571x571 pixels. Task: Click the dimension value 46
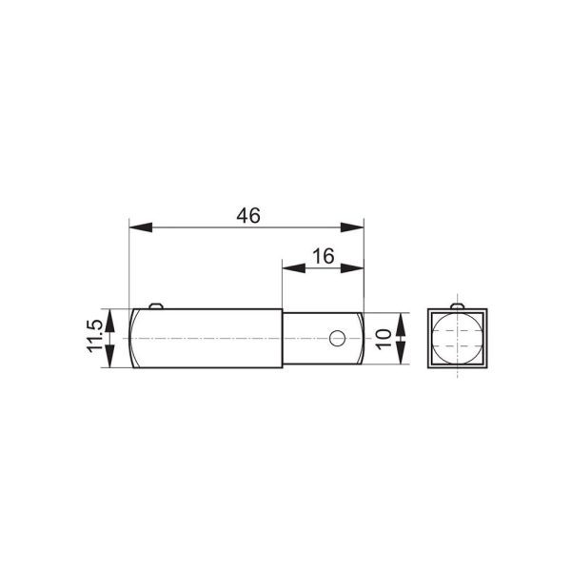248,216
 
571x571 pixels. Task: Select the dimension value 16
324,256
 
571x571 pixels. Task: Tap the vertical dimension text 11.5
94,337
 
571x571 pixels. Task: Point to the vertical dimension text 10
384,339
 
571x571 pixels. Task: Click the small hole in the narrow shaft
337,338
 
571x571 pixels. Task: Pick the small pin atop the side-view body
156,305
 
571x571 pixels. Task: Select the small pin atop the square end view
457,305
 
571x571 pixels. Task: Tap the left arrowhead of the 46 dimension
141,227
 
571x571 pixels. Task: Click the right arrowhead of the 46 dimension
352,227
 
